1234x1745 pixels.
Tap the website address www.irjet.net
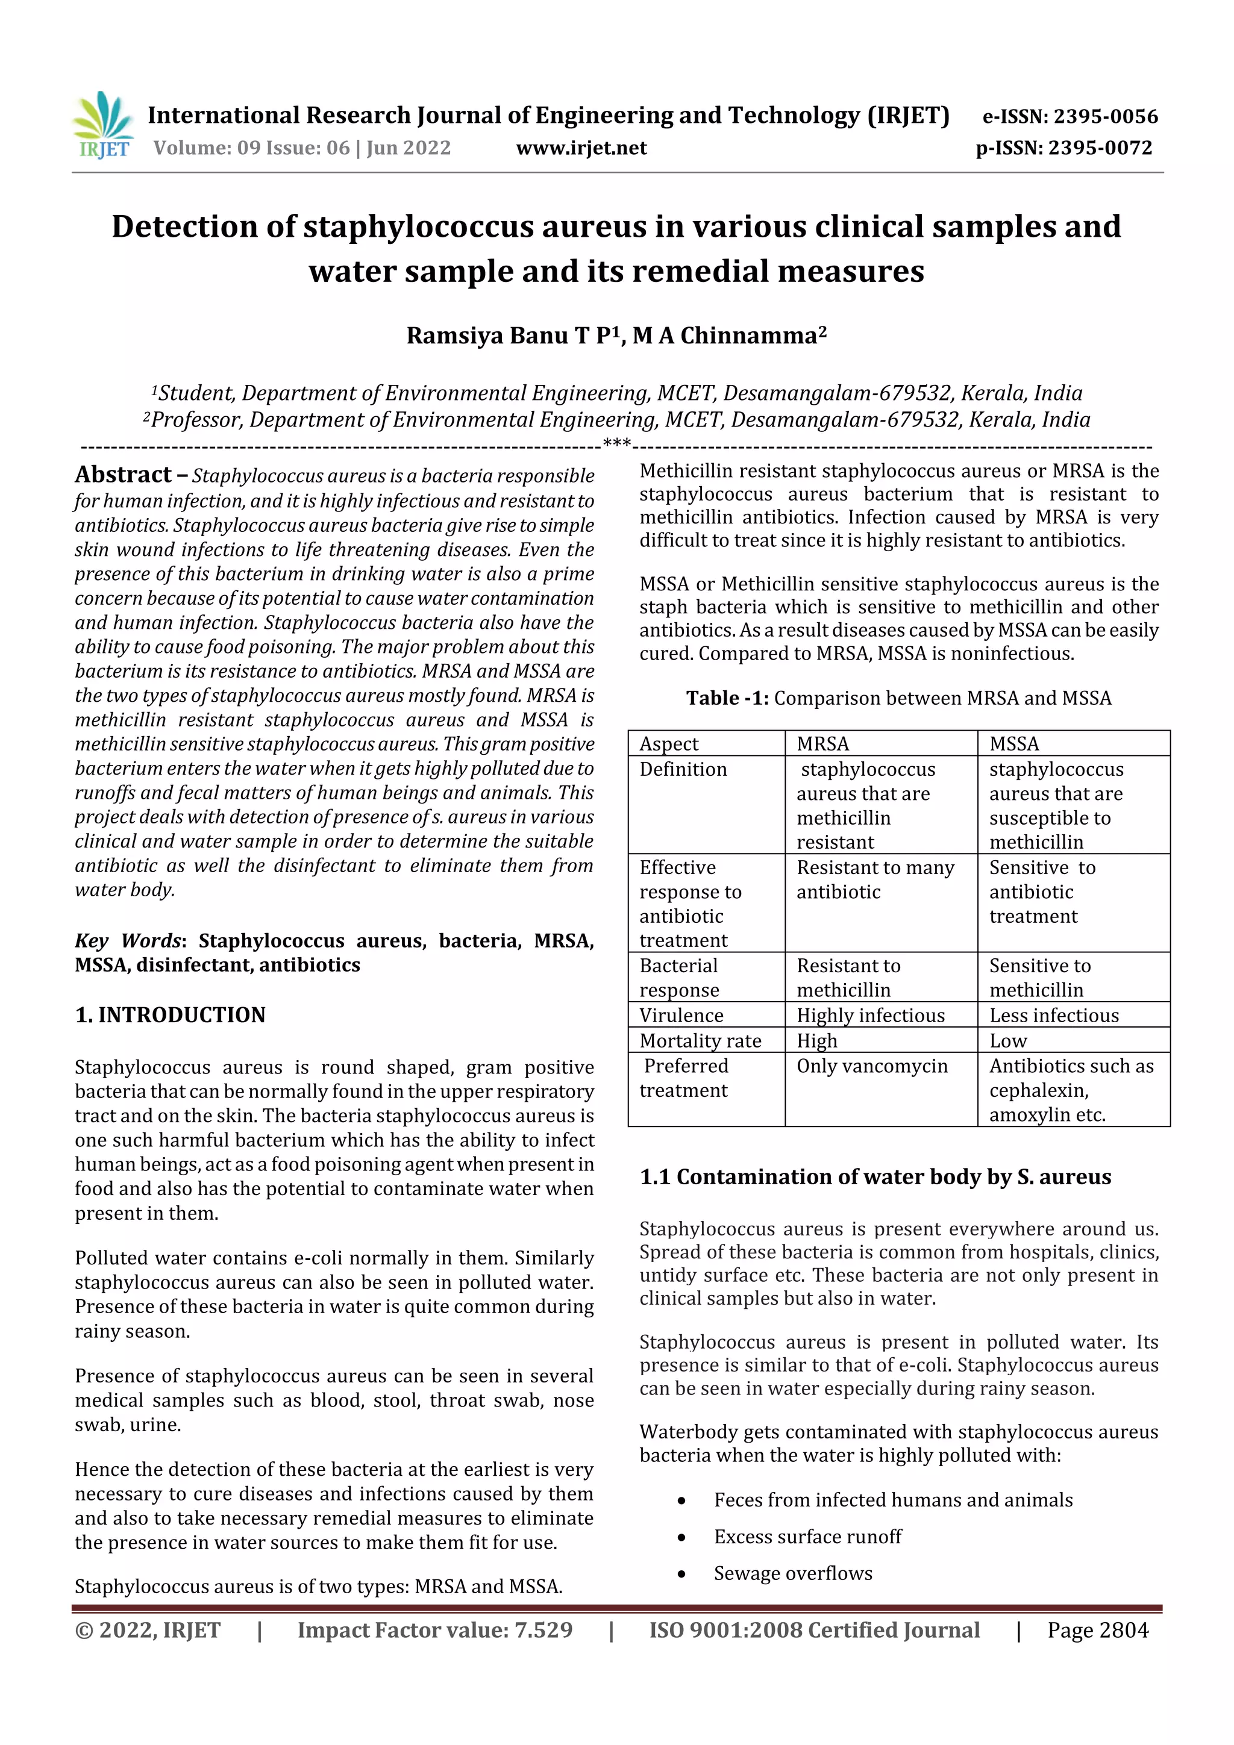(x=581, y=148)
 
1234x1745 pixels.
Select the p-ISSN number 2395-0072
(x=1100, y=148)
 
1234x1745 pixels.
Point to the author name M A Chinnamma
(x=728, y=335)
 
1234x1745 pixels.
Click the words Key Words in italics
(x=128, y=940)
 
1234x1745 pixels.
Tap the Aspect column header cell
(x=669, y=743)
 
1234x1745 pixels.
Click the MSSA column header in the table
(x=1014, y=743)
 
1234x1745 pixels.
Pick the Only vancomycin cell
(x=872, y=1066)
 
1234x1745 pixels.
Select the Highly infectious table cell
(x=871, y=1016)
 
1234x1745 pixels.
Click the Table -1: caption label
(x=728, y=698)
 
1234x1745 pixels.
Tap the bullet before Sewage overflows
(x=682, y=1574)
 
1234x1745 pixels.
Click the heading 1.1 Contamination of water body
(x=875, y=1176)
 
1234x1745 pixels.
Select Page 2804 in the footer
(x=1097, y=1630)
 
